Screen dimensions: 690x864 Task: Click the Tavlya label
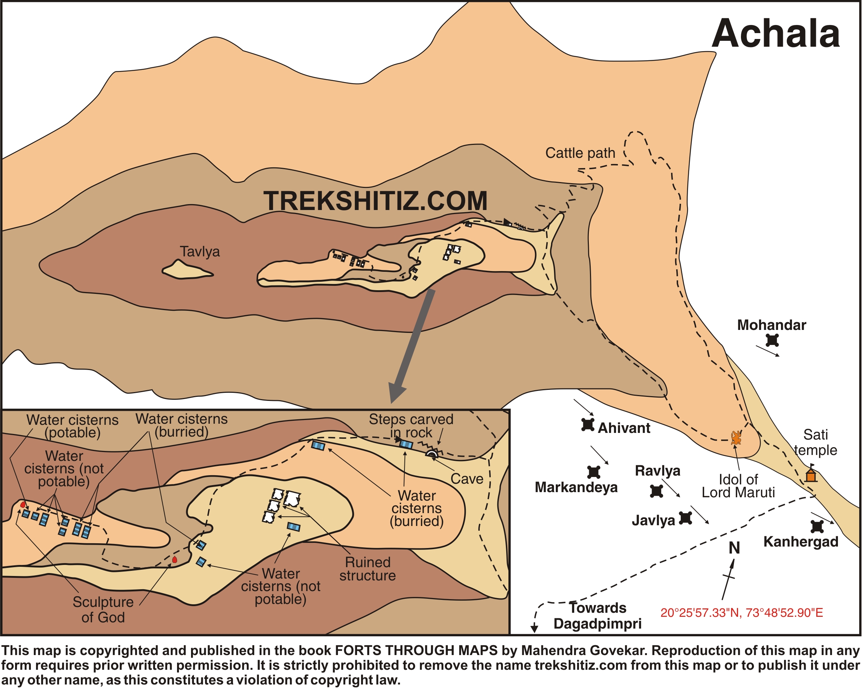click(199, 252)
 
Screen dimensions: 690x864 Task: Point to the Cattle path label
click(580, 153)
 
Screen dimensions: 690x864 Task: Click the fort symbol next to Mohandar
click(772, 341)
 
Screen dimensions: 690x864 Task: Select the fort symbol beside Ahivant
click(587, 424)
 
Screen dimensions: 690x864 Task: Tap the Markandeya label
click(576, 488)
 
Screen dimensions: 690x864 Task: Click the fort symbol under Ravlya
click(656, 491)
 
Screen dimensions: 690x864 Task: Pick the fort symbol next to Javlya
click(686, 518)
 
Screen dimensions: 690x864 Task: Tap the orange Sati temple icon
click(811, 476)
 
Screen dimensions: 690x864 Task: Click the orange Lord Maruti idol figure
click(736, 438)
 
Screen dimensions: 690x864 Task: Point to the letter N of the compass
click(734, 548)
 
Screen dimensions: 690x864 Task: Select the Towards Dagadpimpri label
click(597, 616)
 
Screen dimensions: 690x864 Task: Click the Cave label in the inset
click(467, 479)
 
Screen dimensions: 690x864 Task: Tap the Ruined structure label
click(367, 569)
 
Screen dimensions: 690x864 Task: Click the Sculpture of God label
click(103, 610)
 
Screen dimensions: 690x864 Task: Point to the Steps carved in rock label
click(411, 426)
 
